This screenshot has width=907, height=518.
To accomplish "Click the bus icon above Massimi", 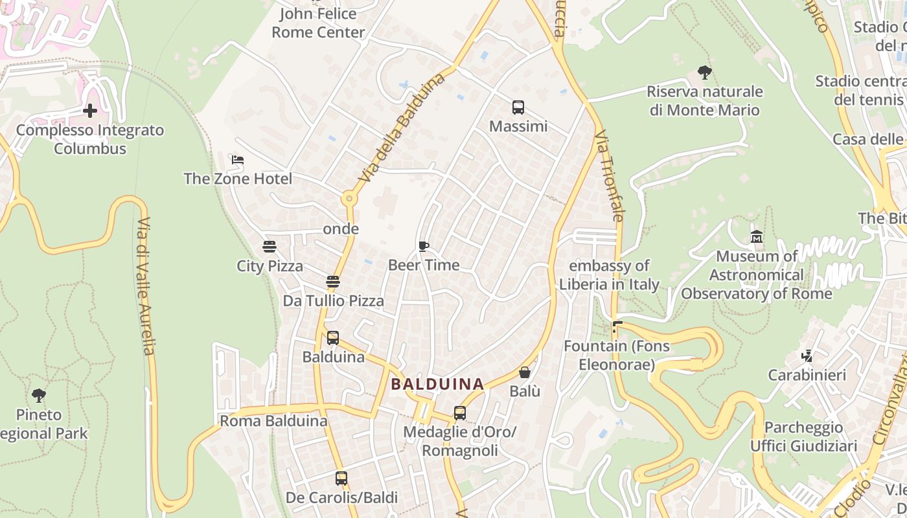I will click(x=518, y=107).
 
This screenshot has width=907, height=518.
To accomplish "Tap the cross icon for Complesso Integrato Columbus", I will click(x=90, y=111).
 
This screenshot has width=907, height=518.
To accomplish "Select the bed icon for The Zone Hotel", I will click(x=238, y=160).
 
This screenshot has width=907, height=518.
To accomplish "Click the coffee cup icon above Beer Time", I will click(x=424, y=246).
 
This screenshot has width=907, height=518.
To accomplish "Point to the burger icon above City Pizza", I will click(x=270, y=247).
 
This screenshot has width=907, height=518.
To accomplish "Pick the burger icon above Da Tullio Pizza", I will click(x=333, y=282).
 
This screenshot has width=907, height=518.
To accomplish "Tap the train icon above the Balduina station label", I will click(x=333, y=338).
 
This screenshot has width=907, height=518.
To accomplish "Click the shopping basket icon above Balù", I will click(x=525, y=372).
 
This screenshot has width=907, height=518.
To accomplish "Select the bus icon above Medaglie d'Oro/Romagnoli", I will click(x=460, y=412).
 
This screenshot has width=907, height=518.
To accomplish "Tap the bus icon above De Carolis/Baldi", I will click(x=341, y=479).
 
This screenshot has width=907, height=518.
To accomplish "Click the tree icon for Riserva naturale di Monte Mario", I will click(x=705, y=73).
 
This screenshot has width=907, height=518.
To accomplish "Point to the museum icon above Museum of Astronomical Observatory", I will click(x=757, y=237).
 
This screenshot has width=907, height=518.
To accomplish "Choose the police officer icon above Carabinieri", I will click(x=807, y=356).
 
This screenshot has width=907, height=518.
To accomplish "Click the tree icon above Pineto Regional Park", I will click(x=39, y=395).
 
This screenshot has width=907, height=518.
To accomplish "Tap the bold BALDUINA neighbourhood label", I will click(x=438, y=384).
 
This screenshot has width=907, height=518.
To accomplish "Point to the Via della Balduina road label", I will click(x=403, y=127).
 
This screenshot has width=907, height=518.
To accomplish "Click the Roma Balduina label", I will click(x=273, y=421).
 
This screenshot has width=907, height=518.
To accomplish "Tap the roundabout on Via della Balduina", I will click(x=350, y=198).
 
